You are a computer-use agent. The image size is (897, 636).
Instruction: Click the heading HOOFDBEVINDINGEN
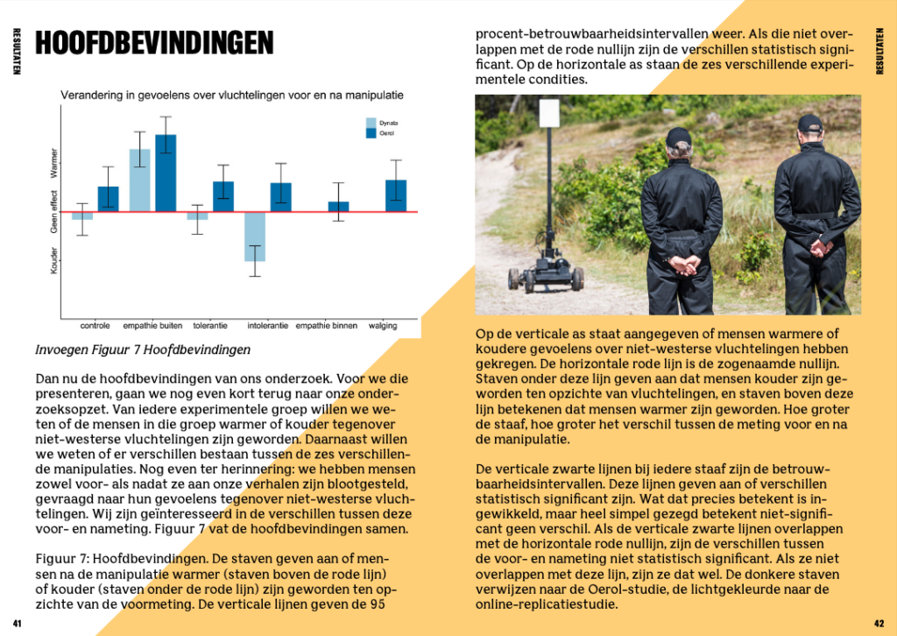[x=154, y=43]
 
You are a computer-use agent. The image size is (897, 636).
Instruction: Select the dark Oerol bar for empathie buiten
[x=166, y=173]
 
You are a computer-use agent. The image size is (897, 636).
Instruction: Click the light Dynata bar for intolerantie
[x=255, y=237]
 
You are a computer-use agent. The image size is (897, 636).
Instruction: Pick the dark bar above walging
[x=396, y=195]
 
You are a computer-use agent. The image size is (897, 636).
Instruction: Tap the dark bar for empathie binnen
[x=338, y=207]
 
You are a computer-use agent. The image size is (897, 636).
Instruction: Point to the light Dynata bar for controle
[x=82, y=216]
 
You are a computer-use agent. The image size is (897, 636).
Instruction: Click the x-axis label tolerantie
[x=209, y=326]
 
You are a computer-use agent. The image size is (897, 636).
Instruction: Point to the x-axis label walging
[x=382, y=326]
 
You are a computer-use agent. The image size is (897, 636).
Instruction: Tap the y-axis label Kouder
[x=54, y=260]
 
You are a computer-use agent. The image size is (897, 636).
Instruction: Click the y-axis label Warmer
[x=54, y=163]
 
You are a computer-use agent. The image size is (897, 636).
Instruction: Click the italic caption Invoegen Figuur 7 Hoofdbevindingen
[x=143, y=350]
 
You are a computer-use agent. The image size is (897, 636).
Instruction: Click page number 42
[x=880, y=623]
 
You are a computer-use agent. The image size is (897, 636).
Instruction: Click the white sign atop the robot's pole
[x=549, y=112]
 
